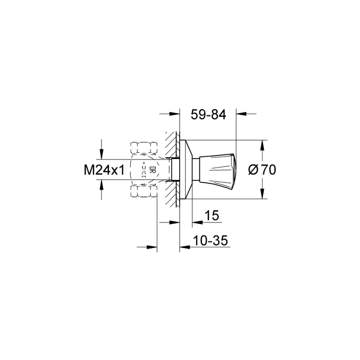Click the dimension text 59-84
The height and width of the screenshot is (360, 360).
208,114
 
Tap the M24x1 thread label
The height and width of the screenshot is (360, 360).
104,170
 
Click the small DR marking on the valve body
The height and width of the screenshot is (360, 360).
152,170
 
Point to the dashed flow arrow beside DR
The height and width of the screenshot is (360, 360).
144,170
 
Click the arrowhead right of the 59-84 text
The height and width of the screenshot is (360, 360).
240,114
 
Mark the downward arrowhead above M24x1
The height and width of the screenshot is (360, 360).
100,156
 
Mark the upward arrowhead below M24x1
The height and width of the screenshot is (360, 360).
100,185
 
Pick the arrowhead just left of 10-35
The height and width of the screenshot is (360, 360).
183,247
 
